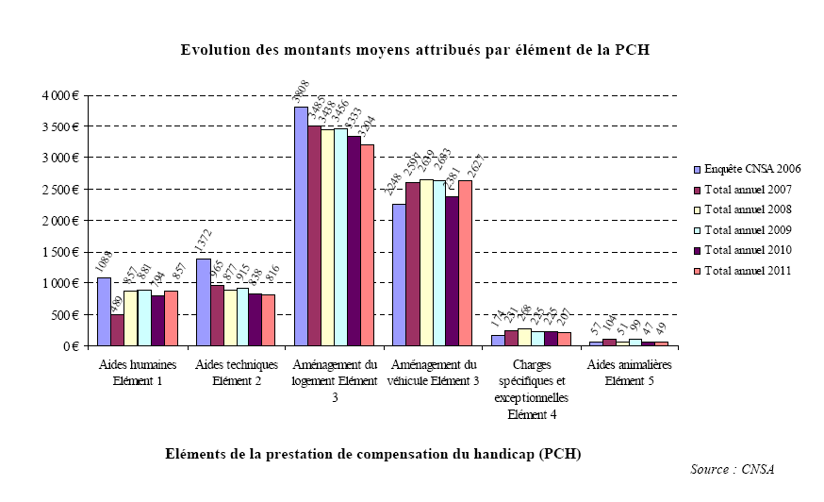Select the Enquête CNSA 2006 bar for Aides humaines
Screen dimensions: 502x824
pyautogui.click(x=103, y=311)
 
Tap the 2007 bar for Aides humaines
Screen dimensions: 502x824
pyautogui.click(x=117, y=329)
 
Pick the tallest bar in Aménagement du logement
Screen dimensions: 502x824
pyautogui.click(x=300, y=226)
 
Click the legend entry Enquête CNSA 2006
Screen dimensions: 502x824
pyautogui.click(x=752, y=169)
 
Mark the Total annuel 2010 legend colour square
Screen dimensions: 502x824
pyautogui.click(x=697, y=250)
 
